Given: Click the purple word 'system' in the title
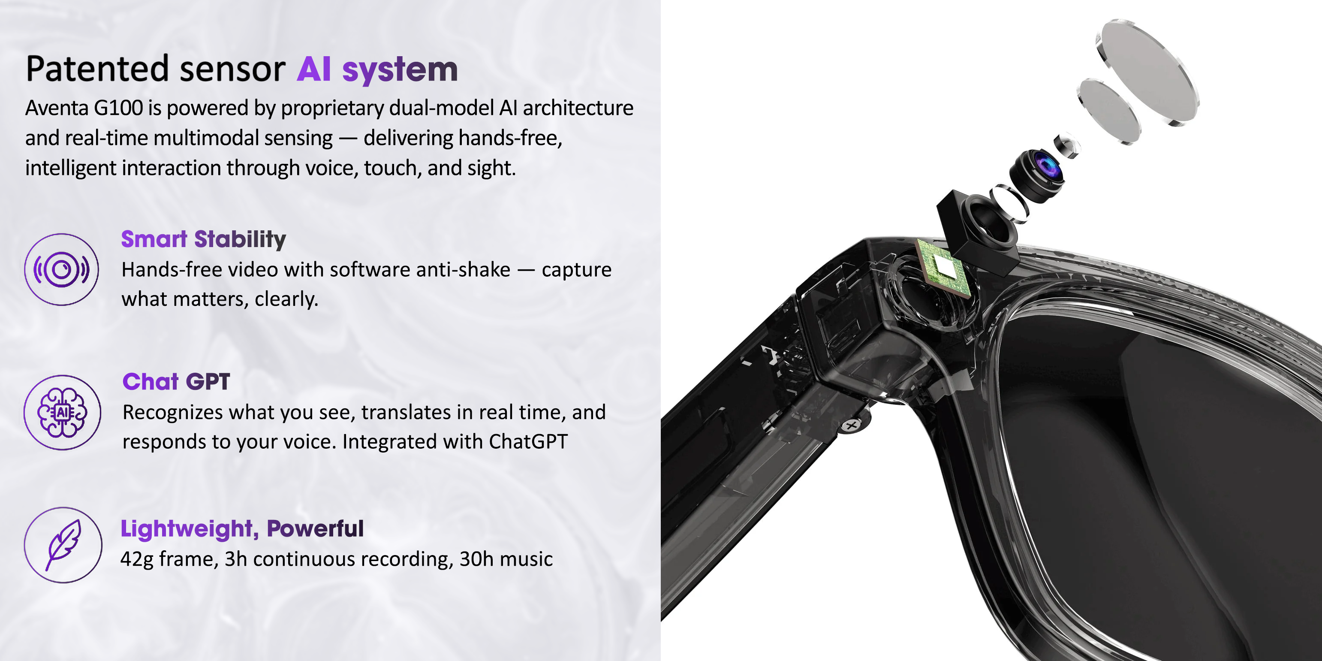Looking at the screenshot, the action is [x=400, y=70].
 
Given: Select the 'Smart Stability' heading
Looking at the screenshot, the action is [x=203, y=240].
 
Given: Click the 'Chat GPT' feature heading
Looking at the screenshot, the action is [x=176, y=382].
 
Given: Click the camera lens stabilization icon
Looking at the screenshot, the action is [x=62, y=269].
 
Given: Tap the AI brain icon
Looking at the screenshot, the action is [x=62, y=413].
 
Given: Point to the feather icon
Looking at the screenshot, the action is [x=63, y=545].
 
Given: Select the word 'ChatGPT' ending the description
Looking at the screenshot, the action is [x=528, y=442].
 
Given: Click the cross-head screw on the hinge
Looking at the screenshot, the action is [x=852, y=426].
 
